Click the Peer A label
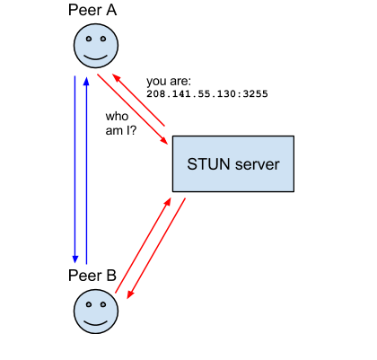click(x=92, y=10)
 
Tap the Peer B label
click(x=92, y=276)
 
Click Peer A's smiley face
click(x=96, y=46)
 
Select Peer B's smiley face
click(x=96, y=312)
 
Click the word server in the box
click(x=257, y=165)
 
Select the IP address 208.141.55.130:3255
click(x=207, y=94)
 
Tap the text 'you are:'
click(x=169, y=82)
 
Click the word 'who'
click(x=117, y=116)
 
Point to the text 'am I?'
click(x=121, y=131)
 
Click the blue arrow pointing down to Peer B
click(x=75, y=170)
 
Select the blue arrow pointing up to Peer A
click(x=86, y=171)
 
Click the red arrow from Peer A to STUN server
click(x=133, y=110)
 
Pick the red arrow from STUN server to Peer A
click(x=138, y=100)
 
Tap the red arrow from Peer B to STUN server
click(x=143, y=245)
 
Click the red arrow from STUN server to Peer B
click(x=156, y=249)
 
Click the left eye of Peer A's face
click(x=89, y=39)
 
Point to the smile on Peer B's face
click(x=96, y=322)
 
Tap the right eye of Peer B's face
click(x=103, y=304)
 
